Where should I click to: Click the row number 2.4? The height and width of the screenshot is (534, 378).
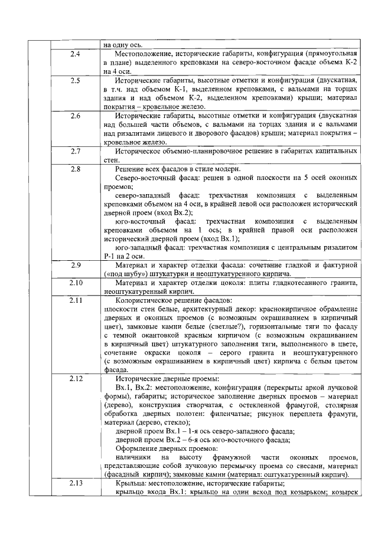click(x=75, y=54)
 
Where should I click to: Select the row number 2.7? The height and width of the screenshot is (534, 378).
click(x=75, y=152)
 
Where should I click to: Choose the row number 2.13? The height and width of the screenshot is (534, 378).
click(x=75, y=484)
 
